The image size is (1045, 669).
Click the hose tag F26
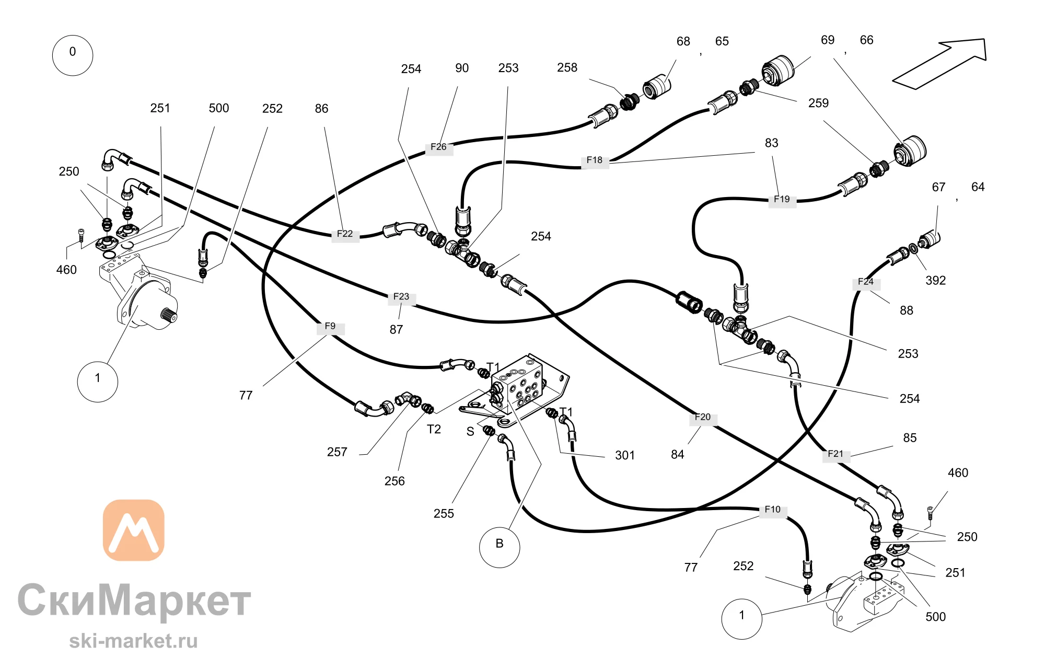(x=439, y=147)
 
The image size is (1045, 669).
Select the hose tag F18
(x=595, y=160)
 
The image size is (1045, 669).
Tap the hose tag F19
(x=782, y=199)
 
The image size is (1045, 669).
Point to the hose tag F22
(x=345, y=234)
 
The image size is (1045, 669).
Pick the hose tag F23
(x=401, y=297)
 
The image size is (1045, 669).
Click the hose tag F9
(x=330, y=326)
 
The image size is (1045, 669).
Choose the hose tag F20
(x=703, y=418)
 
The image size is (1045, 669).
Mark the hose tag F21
(x=836, y=454)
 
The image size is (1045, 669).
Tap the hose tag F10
(x=773, y=510)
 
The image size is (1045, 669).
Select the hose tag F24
(x=866, y=282)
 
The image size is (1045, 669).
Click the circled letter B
(x=500, y=547)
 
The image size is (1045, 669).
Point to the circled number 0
(x=73, y=55)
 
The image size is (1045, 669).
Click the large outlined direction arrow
(x=939, y=64)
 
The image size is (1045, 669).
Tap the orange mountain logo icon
(x=134, y=530)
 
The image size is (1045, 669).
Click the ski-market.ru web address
(x=134, y=641)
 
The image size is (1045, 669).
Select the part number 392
(x=936, y=281)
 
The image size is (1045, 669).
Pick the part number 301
(x=625, y=455)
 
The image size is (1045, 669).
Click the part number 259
(x=818, y=103)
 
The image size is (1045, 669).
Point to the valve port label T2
(x=434, y=430)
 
